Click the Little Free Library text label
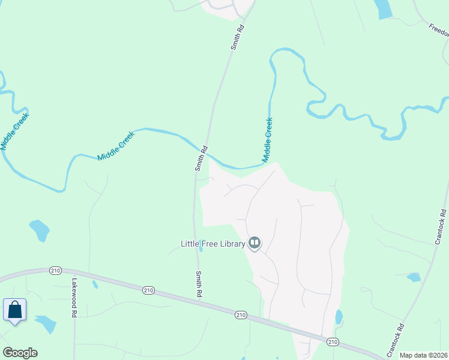(212, 244)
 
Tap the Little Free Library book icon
(255, 243)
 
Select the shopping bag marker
(15, 310)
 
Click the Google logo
(20, 353)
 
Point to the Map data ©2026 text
(423, 355)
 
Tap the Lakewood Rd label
(74, 298)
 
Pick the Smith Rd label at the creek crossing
(202, 158)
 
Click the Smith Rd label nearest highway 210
(199, 284)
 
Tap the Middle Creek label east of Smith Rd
(267, 140)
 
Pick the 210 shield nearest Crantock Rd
(333, 341)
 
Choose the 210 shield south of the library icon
(241, 314)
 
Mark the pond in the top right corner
(382, 8)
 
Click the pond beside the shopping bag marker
(46, 324)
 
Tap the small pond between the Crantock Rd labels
(414, 277)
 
